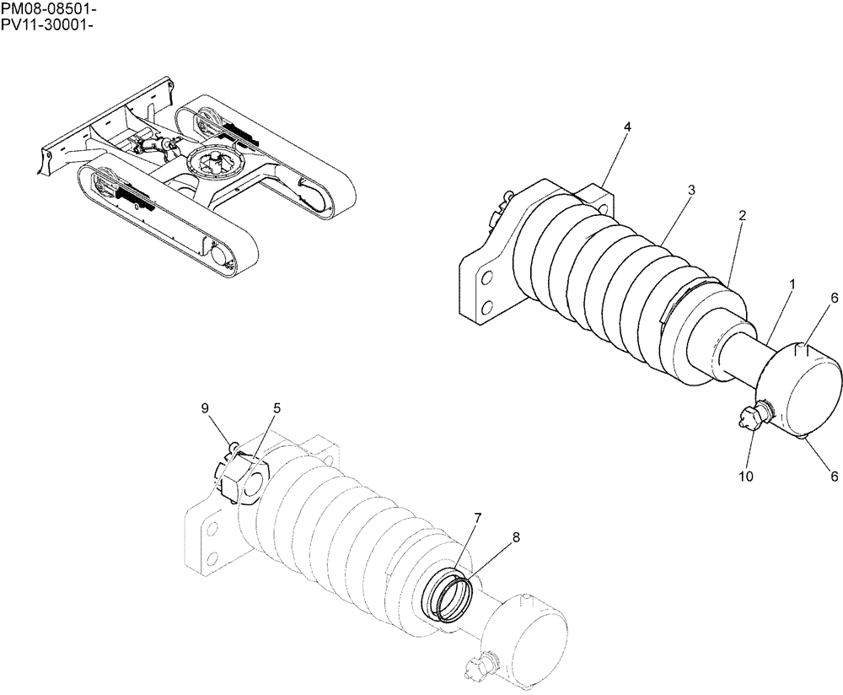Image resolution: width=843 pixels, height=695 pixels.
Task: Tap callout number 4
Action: pyautogui.click(x=627, y=127)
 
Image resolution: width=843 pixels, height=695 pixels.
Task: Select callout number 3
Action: pyautogui.click(x=690, y=191)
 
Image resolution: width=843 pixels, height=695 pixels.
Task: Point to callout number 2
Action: pyautogui.click(x=742, y=216)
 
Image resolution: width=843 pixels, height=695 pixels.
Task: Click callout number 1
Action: pyautogui.click(x=792, y=285)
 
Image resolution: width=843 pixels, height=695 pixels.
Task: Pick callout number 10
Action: pyautogui.click(x=745, y=477)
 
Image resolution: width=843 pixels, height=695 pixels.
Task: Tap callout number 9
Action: pyautogui.click(x=204, y=408)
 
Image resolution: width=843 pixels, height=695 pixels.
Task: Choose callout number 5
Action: pyautogui.click(x=277, y=409)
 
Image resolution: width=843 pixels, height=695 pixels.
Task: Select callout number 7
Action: pyautogui.click(x=477, y=517)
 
